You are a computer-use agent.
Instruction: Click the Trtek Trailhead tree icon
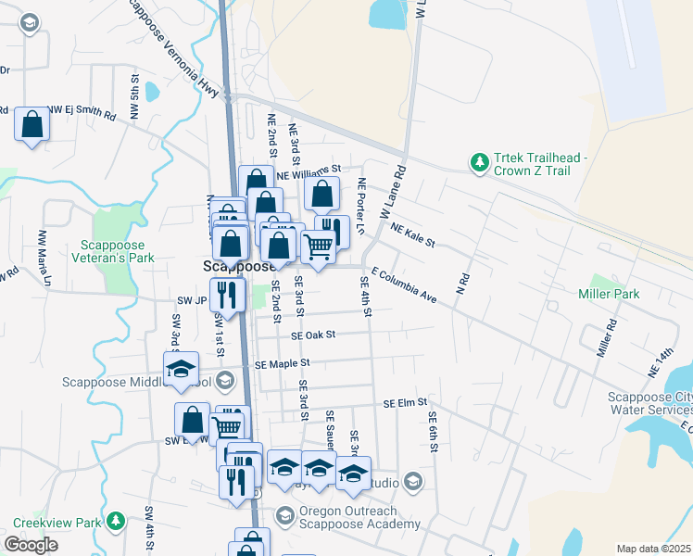tap(479, 163)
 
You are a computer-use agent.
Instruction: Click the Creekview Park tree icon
tap(115, 522)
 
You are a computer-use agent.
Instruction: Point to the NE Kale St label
tap(413, 234)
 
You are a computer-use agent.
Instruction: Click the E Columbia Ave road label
tap(403, 285)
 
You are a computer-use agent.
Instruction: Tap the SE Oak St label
tap(312, 335)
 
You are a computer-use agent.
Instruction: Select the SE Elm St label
tap(405, 403)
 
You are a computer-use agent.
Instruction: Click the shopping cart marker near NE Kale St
tap(318, 246)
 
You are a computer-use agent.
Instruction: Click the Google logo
tap(31, 544)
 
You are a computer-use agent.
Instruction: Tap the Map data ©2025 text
tap(654, 549)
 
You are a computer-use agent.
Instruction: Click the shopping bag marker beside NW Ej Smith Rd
tap(31, 124)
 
